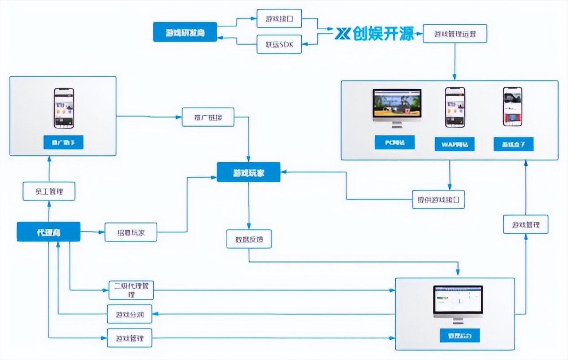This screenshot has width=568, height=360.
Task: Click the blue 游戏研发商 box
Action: [185, 32]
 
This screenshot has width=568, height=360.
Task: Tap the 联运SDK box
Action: [279, 44]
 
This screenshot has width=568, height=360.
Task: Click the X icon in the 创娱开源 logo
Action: [342, 33]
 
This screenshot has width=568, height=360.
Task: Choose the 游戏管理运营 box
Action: [455, 33]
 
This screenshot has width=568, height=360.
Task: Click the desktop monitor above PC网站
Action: [397, 106]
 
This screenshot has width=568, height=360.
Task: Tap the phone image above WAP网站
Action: [455, 107]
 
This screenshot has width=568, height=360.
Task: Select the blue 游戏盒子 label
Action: [514, 144]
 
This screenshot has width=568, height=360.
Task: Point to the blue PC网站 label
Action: [394, 142]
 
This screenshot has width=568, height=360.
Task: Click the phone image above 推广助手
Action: [64, 108]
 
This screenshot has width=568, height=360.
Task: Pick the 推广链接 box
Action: [208, 117]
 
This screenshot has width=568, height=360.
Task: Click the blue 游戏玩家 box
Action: [248, 172]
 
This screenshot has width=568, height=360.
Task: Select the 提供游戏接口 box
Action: [438, 199]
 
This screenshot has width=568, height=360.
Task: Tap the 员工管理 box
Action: [49, 192]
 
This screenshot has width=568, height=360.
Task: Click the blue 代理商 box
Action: [48, 232]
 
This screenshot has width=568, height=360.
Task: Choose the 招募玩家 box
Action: [131, 232]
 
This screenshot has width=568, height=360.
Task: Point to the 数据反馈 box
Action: [249, 239]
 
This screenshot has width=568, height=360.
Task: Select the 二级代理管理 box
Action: [131, 290]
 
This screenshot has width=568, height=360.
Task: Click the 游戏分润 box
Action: [130, 314]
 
